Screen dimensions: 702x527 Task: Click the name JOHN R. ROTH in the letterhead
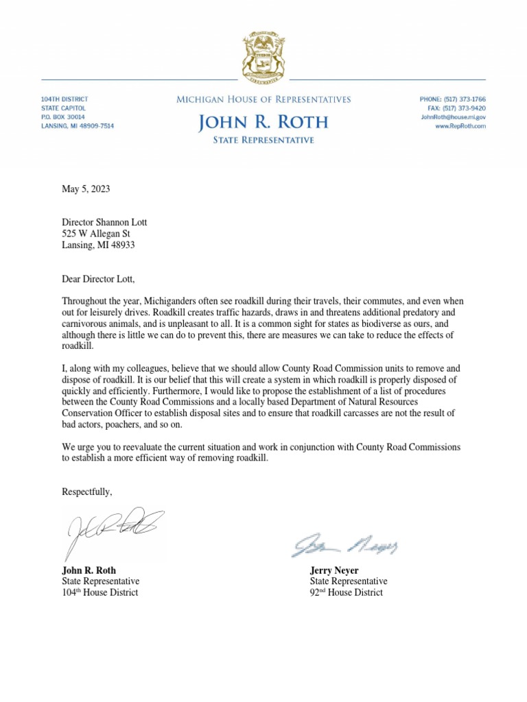point(263,123)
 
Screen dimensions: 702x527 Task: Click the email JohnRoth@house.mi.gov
point(453,117)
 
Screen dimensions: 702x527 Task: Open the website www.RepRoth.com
point(460,126)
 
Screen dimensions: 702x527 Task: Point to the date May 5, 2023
point(86,189)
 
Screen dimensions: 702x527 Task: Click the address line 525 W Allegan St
point(97,234)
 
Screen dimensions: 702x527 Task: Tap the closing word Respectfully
point(86,492)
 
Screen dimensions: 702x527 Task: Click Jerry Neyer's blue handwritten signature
point(344,545)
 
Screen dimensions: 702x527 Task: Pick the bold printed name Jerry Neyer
point(333,570)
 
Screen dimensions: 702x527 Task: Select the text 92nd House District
point(346,592)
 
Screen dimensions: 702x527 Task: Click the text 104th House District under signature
point(99,592)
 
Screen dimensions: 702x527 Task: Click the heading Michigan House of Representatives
point(263,99)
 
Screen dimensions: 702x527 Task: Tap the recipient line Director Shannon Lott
point(104,222)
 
